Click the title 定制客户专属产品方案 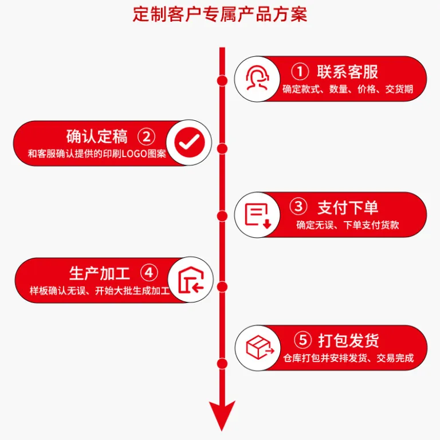pos(220,14)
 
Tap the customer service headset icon pos(257,78)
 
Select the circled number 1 pos(300,71)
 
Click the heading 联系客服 pos(347,72)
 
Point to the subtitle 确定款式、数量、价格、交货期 pos(348,89)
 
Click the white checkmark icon pos(189,142)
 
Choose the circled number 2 pos(146,137)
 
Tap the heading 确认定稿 pos(97,137)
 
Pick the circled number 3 pos(298,206)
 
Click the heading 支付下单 pos(348,207)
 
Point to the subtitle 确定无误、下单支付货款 pos(348,225)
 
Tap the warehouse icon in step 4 pos(191,280)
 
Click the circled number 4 pos(149,273)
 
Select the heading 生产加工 pos(99,273)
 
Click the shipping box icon pos(260,347)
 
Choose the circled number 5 pos(302,340)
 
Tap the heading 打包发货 pos(348,341)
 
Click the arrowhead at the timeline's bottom pos(222,414)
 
